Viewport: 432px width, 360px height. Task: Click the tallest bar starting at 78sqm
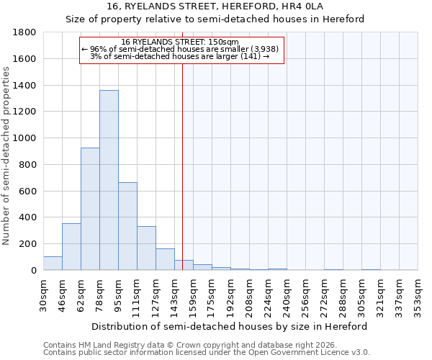click(109, 180)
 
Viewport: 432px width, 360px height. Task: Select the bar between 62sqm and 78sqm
click(90, 209)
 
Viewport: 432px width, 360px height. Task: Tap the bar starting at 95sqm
click(127, 226)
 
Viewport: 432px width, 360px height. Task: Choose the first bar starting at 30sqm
click(53, 264)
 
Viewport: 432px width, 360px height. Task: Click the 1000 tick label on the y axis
click(25, 138)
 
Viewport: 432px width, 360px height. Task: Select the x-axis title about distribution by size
click(230, 326)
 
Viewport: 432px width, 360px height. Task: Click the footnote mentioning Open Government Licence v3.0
click(207, 353)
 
